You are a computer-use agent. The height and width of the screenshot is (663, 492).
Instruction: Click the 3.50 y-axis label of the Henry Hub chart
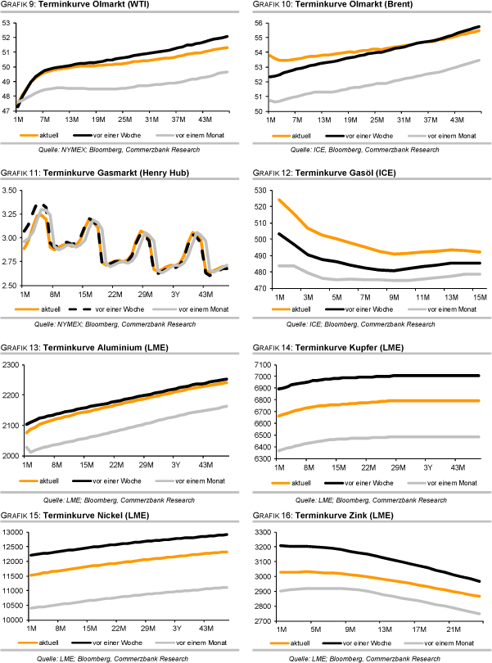pos(10,191)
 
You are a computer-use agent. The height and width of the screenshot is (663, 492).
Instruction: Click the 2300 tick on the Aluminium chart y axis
pos(10,365)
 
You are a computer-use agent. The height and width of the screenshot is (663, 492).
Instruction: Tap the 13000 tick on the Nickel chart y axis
pos(12,534)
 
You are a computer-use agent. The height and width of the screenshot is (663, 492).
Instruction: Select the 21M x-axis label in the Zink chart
pos(449,629)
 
